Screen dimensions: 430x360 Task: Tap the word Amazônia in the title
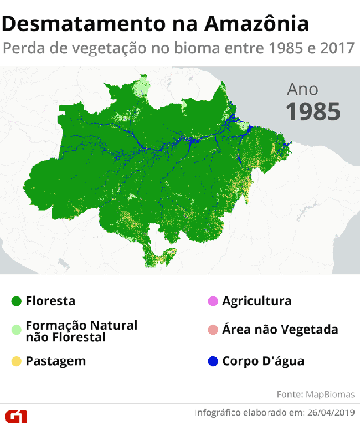tap(256, 23)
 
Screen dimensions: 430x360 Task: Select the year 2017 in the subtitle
tap(337, 48)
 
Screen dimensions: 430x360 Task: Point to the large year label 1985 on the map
tap(313, 112)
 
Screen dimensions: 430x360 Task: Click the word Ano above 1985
tap(302, 89)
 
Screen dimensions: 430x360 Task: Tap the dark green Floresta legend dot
tap(16, 301)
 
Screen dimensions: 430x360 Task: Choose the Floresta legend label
tap(50, 301)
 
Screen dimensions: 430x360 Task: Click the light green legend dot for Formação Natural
tap(16, 329)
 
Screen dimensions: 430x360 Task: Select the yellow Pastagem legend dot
tap(16, 361)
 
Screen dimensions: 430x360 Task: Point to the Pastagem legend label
tap(56, 361)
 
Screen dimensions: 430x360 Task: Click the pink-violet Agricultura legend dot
tap(213, 301)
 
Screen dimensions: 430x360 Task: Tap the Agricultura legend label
tap(257, 301)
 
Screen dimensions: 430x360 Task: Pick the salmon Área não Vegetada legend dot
tap(213, 329)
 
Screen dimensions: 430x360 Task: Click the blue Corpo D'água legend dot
tap(213, 361)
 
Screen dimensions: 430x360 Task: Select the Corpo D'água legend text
tap(263, 361)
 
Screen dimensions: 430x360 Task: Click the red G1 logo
tap(16, 416)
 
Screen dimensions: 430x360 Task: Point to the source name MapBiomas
tap(330, 394)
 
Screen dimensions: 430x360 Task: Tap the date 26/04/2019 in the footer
tap(331, 413)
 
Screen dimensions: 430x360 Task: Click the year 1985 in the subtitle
tap(286, 48)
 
